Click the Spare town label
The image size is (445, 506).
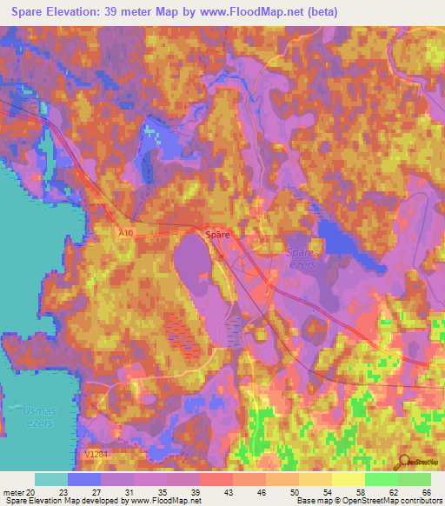216,235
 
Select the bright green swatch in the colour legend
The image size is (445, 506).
382,479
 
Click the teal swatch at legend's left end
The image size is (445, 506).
51,479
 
